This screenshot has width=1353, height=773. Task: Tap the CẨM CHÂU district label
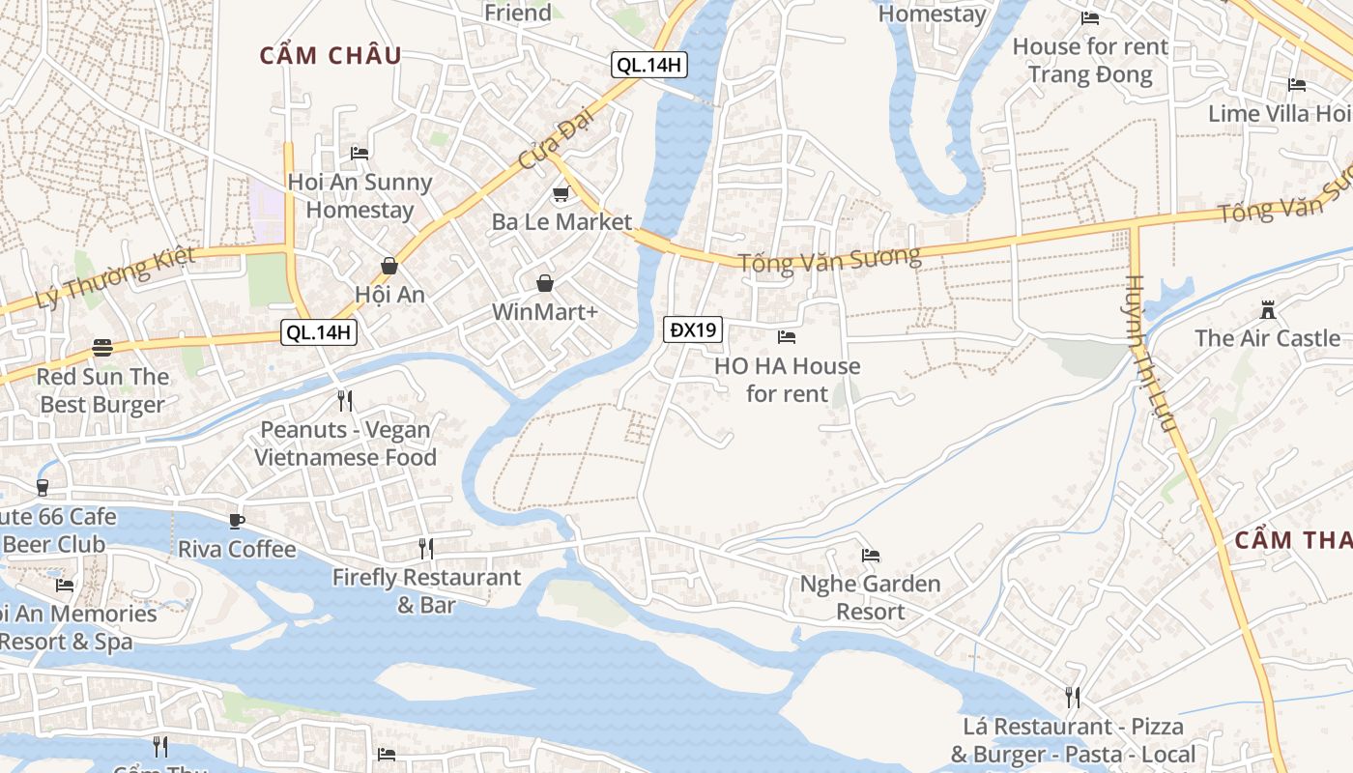331,55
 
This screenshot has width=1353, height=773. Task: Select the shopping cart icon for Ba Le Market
561,194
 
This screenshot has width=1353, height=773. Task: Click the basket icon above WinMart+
545,283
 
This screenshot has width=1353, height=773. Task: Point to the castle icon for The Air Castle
1268,310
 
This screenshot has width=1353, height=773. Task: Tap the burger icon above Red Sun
102,348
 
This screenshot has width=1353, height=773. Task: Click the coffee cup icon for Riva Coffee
237,521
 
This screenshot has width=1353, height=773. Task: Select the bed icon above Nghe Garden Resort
871,556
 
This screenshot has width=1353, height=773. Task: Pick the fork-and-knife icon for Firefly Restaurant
426,549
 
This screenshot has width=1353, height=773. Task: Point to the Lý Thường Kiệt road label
114,278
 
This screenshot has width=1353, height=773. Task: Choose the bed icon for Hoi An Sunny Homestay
360,153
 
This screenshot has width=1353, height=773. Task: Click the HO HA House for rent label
787,380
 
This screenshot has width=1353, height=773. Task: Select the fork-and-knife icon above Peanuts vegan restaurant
345,400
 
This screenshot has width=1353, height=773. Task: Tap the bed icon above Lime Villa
1297,85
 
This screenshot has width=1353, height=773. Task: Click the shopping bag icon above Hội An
389,265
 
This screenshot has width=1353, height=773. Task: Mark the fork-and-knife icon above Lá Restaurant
1073,697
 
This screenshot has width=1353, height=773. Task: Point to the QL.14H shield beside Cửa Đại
649,65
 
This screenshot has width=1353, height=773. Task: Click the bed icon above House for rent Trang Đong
1090,17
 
